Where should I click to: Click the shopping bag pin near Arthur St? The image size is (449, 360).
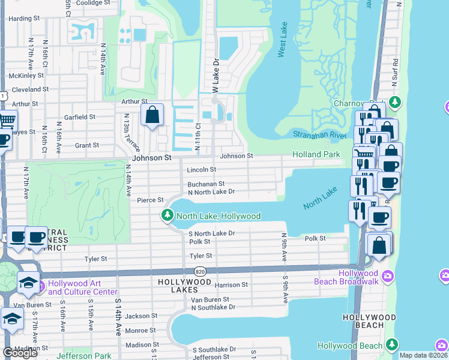[x=152, y=114]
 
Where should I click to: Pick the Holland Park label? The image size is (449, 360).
[x=316, y=154]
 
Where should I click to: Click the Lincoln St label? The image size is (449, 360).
[x=200, y=170]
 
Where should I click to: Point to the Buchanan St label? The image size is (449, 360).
[x=206, y=184]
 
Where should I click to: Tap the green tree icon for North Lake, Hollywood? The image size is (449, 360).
[x=167, y=215]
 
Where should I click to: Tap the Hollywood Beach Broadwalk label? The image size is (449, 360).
[x=350, y=277]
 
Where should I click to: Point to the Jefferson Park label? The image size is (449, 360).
[x=84, y=356]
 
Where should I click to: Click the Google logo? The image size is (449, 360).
[x=20, y=353]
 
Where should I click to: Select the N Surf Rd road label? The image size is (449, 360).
[x=395, y=70]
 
